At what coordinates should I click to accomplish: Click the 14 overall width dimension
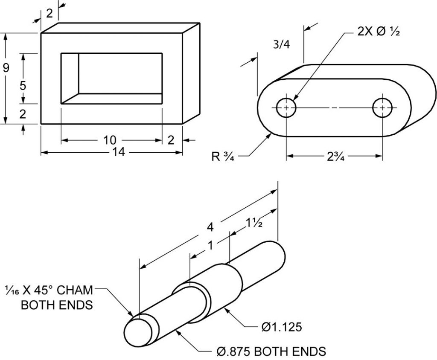coord(119,152)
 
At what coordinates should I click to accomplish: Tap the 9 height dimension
coord(6,68)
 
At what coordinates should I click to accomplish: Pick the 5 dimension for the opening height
coord(23,85)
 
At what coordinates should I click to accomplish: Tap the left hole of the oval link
coord(286,107)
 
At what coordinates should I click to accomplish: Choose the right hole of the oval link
coord(382,107)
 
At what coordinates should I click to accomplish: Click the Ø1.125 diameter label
coord(281,327)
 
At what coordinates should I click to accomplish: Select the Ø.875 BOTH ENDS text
coord(270,351)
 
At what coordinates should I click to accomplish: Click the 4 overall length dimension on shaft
coord(210,227)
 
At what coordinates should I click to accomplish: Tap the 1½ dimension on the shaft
coord(253,224)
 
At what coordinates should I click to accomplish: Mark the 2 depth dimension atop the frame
coord(49,13)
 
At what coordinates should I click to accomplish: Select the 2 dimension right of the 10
coord(171,139)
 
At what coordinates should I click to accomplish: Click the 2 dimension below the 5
coord(23,113)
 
